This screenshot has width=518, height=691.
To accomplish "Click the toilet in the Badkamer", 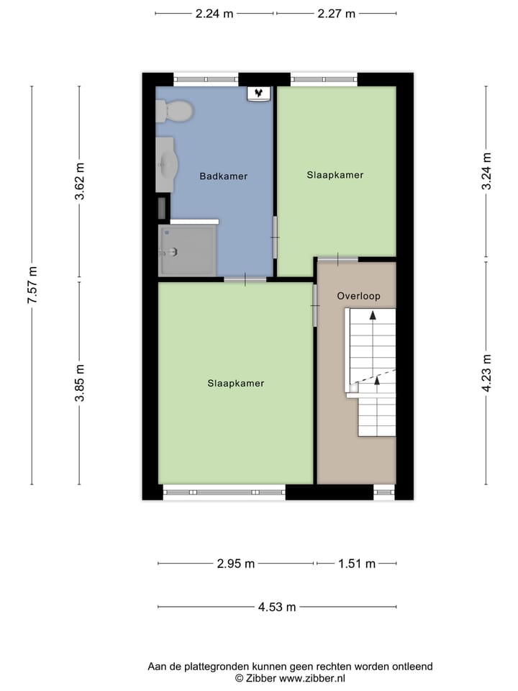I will [175, 111].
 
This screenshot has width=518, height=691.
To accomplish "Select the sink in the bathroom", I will [167, 163].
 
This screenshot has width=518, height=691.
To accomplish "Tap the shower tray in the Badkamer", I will [187, 250].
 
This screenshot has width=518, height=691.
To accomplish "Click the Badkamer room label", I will [224, 176].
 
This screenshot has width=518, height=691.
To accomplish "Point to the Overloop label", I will [358, 296].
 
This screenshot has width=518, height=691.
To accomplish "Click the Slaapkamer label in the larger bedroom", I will [235, 384].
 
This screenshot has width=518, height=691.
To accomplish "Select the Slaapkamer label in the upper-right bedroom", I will [335, 175].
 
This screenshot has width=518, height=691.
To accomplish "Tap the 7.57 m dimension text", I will [32, 286].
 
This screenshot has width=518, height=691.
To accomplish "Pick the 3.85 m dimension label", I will [80, 382].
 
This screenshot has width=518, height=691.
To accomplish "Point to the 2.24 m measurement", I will [214, 14].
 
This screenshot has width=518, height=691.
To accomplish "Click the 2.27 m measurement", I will [336, 14].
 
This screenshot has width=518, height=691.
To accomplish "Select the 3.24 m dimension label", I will [486, 172].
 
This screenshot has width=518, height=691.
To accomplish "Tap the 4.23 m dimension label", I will [486, 372].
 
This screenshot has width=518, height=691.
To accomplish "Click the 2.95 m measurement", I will [236, 564].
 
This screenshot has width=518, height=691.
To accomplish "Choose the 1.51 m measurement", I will [357, 564].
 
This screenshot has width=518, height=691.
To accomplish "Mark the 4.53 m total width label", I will [277, 607].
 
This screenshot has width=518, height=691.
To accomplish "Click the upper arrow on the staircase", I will [373, 315].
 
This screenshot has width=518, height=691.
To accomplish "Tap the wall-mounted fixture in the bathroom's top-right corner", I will [259, 94].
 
